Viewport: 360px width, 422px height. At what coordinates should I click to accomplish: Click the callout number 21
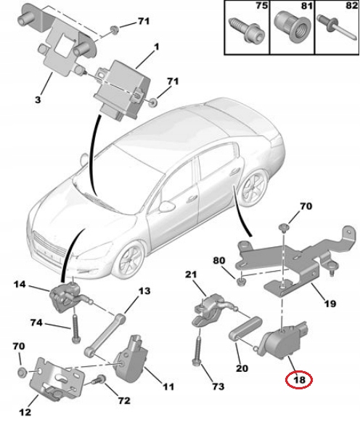[191, 274]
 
